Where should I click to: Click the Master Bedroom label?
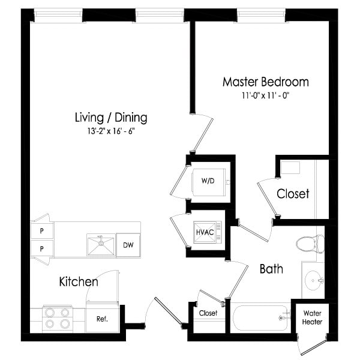click(x=265, y=82)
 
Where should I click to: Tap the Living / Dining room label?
click(x=111, y=117)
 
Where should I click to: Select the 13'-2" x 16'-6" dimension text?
click(x=111, y=131)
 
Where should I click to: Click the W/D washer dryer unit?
click(x=208, y=180)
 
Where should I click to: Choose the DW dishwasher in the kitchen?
click(x=127, y=245)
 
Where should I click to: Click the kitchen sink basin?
click(x=100, y=245)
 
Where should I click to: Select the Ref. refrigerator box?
click(x=101, y=319)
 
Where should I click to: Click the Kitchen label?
click(x=79, y=281)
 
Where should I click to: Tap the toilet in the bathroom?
click(x=309, y=244)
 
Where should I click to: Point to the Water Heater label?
click(x=312, y=317)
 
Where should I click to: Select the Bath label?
click(x=271, y=269)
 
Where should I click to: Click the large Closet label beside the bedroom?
click(x=293, y=194)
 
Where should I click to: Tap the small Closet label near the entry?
click(x=208, y=313)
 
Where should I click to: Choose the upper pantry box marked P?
click(x=42, y=230)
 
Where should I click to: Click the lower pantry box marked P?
click(x=42, y=248)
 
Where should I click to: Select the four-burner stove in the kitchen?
click(x=58, y=318)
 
